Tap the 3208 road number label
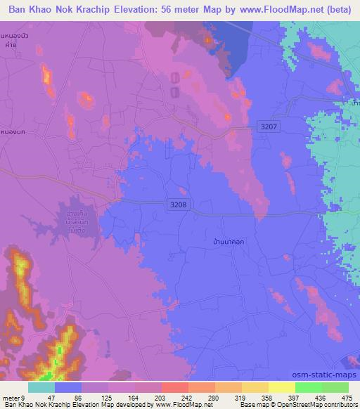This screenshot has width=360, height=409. coord(178,204)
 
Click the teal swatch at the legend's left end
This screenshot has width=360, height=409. coord(41,387)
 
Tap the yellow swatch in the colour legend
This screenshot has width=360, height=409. coord(281,387)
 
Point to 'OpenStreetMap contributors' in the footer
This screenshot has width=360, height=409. coord(314,405)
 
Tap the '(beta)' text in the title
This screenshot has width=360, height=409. coord(334,9)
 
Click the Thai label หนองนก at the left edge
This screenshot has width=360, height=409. coord(12,131)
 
